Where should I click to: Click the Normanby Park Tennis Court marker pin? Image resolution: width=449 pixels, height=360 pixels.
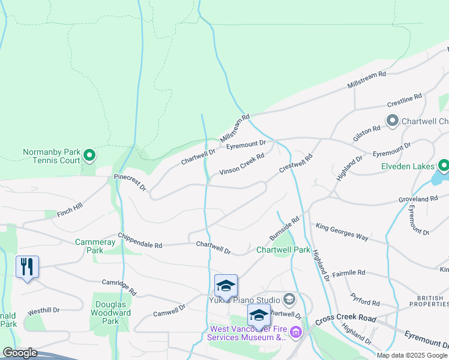[89, 157]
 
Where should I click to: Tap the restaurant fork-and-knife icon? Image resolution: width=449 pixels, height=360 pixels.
[27, 266]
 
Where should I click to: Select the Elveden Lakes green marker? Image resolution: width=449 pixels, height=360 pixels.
[444, 165]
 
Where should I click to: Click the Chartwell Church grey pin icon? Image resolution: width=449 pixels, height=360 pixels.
[393, 121]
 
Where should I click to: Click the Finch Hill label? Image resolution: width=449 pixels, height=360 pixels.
[70, 210]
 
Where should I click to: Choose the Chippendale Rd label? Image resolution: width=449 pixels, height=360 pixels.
[140, 241]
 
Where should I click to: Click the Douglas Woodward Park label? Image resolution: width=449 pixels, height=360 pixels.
[112, 313]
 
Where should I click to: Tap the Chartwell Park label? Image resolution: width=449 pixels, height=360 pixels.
[283, 250]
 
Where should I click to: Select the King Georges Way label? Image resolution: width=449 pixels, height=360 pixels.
[342, 232]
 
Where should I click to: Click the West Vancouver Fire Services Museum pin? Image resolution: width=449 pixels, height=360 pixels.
[295, 332]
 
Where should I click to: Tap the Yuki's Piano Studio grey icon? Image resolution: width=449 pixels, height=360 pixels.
[289, 299]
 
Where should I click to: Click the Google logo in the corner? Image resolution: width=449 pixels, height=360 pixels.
[20, 353]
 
